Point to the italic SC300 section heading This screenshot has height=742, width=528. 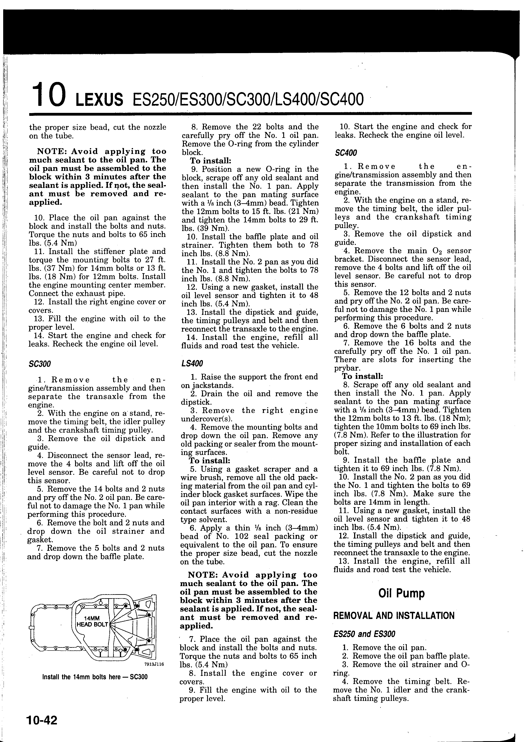point(40,364)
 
